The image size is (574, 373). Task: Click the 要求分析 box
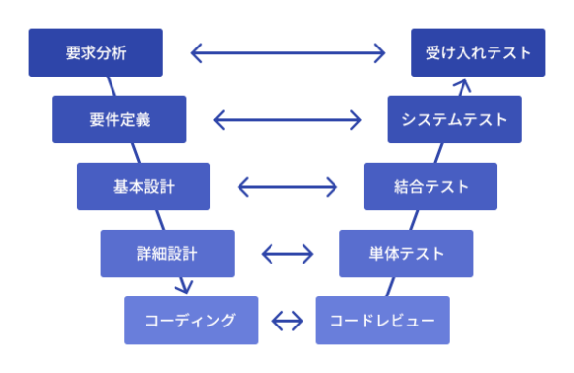pos(95,52)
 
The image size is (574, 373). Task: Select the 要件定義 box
pos(118,120)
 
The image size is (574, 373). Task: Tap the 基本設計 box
pos(143,186)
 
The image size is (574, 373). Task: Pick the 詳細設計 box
pos(167,254)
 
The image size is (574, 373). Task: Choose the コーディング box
pos(191,320)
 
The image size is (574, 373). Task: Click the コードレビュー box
pos(382,320)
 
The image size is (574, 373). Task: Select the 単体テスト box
pos(406,254)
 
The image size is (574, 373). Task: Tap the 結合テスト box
pos(430,186)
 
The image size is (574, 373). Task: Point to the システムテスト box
pos(454,120)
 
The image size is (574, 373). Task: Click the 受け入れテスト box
pos(478,52)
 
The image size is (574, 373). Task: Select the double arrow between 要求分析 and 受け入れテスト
pos(287,52)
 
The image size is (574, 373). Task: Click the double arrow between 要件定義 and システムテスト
pos(287,120)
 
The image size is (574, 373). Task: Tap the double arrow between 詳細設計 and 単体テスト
pos(287,255)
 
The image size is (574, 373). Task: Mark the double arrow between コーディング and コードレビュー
pos(287,320)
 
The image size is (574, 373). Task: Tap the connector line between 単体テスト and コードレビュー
pos(393,287)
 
